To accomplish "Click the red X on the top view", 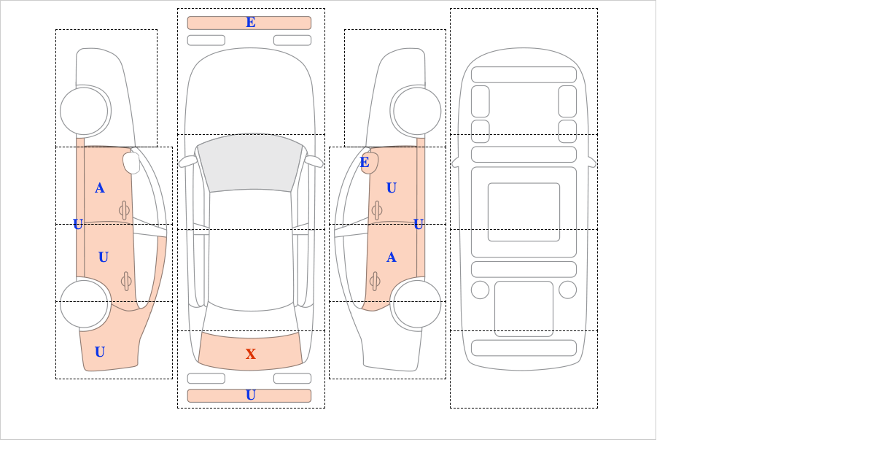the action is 251,354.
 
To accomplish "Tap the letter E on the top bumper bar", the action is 251,23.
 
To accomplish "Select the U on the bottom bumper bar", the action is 251,395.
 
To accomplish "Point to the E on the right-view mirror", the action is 365,162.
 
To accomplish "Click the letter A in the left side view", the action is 100,188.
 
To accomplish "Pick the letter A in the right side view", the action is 392,258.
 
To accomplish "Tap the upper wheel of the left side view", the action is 84,111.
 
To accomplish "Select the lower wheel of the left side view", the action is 84,303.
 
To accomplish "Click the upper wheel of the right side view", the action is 417,111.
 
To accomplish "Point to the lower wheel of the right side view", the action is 417,303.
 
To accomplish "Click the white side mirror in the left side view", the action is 132,163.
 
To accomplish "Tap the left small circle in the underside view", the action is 480,290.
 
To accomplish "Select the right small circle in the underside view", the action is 567,290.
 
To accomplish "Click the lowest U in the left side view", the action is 100,352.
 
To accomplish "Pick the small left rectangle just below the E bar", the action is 206,40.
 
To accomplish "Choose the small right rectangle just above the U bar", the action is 292,379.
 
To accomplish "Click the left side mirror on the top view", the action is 188,161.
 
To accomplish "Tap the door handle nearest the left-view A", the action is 124,211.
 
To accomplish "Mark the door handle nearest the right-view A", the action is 375,282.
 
